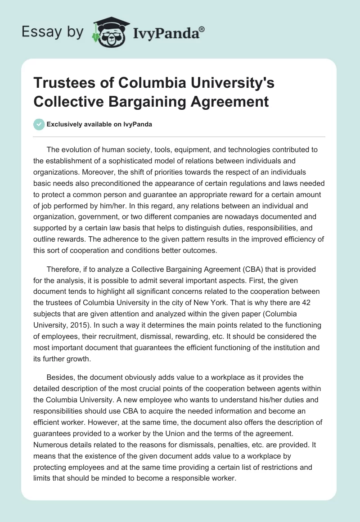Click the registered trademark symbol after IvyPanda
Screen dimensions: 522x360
tap(202, 29)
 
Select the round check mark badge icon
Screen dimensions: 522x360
tap(39, 124)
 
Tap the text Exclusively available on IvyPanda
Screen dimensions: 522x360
tap(99, 124)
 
